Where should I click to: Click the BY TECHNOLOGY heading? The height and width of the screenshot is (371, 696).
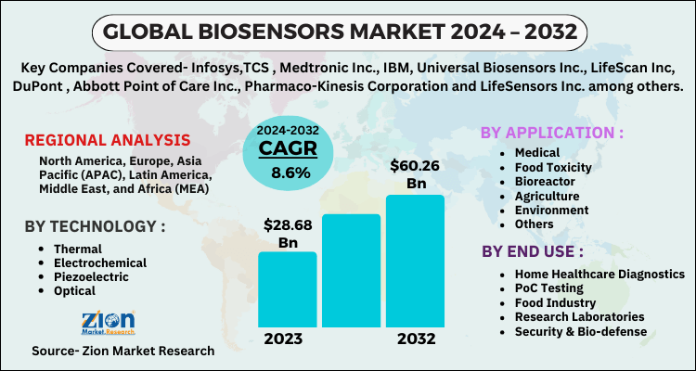[95, 227]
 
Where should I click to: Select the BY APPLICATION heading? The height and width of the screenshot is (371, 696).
[551, 132]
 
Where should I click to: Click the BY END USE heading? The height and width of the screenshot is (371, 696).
[532, 250]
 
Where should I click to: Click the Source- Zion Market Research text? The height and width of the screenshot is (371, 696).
[122, 352]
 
